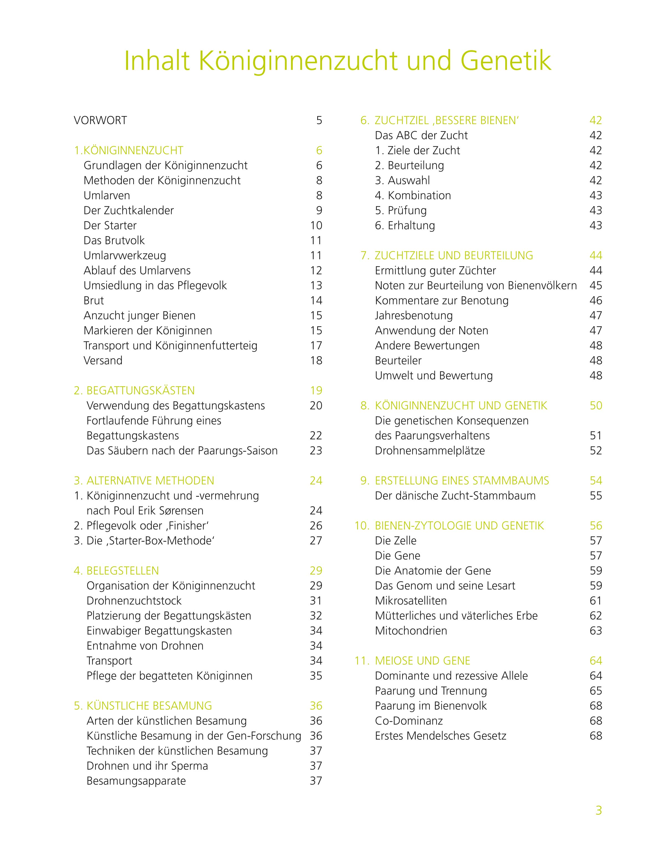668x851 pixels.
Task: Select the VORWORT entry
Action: tap(100, 120)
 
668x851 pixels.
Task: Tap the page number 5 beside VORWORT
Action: tap(319, 120)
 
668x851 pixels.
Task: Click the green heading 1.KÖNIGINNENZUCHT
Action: tap(129, 151)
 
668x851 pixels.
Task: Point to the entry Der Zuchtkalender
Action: tap(128, 211)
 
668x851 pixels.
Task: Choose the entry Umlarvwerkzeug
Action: tap(125, 256)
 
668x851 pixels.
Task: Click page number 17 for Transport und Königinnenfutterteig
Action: tap(316, 346)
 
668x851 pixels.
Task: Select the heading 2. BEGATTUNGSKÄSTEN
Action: tap(134, 391)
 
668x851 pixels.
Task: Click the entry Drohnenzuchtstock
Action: tap(134, 601)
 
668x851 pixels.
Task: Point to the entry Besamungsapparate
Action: tap(136, 781)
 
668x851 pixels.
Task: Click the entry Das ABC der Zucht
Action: tap(421, 136)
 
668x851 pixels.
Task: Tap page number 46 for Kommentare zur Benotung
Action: tap(596, 300)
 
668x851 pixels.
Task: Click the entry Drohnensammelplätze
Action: tap(430, 451)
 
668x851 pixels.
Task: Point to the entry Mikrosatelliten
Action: tap(411, 601)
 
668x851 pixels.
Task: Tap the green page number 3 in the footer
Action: tap(598, 811)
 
